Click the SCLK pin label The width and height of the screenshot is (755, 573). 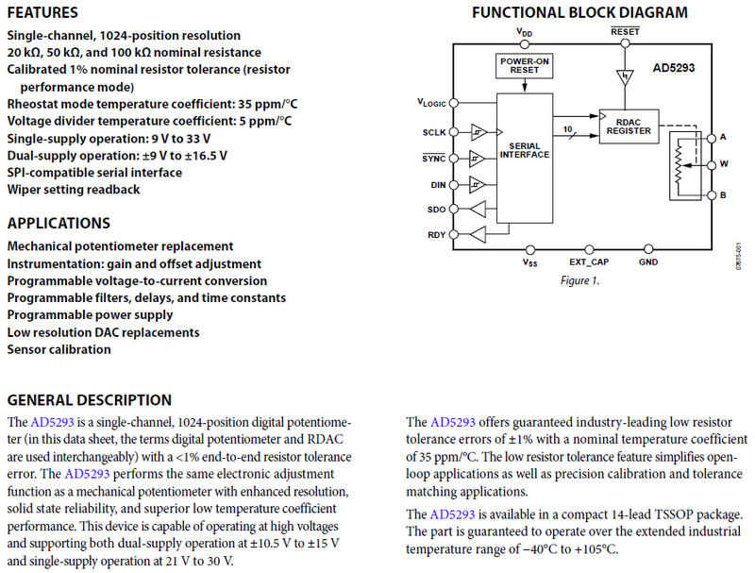(432, 132)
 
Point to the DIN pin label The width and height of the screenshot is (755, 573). (435, 184)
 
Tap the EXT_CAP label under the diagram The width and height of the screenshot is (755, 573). (589, 261)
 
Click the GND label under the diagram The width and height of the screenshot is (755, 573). (648, 261)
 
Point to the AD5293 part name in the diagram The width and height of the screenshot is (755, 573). (675, 69)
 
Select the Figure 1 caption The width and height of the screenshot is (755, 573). (580, 280)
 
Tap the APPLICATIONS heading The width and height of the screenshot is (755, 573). (59, 224)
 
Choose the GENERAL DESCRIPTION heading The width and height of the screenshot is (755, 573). (90, 400)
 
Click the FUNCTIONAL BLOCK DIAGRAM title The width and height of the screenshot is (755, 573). (579, 12)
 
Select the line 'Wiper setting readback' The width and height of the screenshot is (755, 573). (74, 190)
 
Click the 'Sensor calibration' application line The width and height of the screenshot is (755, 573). (59, 349)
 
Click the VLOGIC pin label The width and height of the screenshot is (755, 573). (430, 102)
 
